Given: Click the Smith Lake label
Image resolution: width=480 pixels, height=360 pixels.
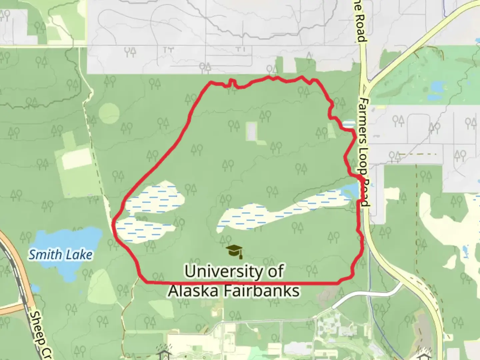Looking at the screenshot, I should pos(60,255).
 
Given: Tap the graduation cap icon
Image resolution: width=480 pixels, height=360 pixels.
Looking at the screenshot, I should pos(234,251).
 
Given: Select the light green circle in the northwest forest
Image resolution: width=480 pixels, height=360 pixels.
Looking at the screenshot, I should pos(109,113).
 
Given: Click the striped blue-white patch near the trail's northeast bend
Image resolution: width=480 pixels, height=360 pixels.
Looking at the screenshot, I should pos(349,124).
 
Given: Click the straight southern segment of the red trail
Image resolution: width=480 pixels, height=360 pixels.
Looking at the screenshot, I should pos(240,283).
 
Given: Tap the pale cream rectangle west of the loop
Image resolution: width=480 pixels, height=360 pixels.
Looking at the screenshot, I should pos(77,158).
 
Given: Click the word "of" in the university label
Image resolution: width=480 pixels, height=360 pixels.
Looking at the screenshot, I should pos(275,271).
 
